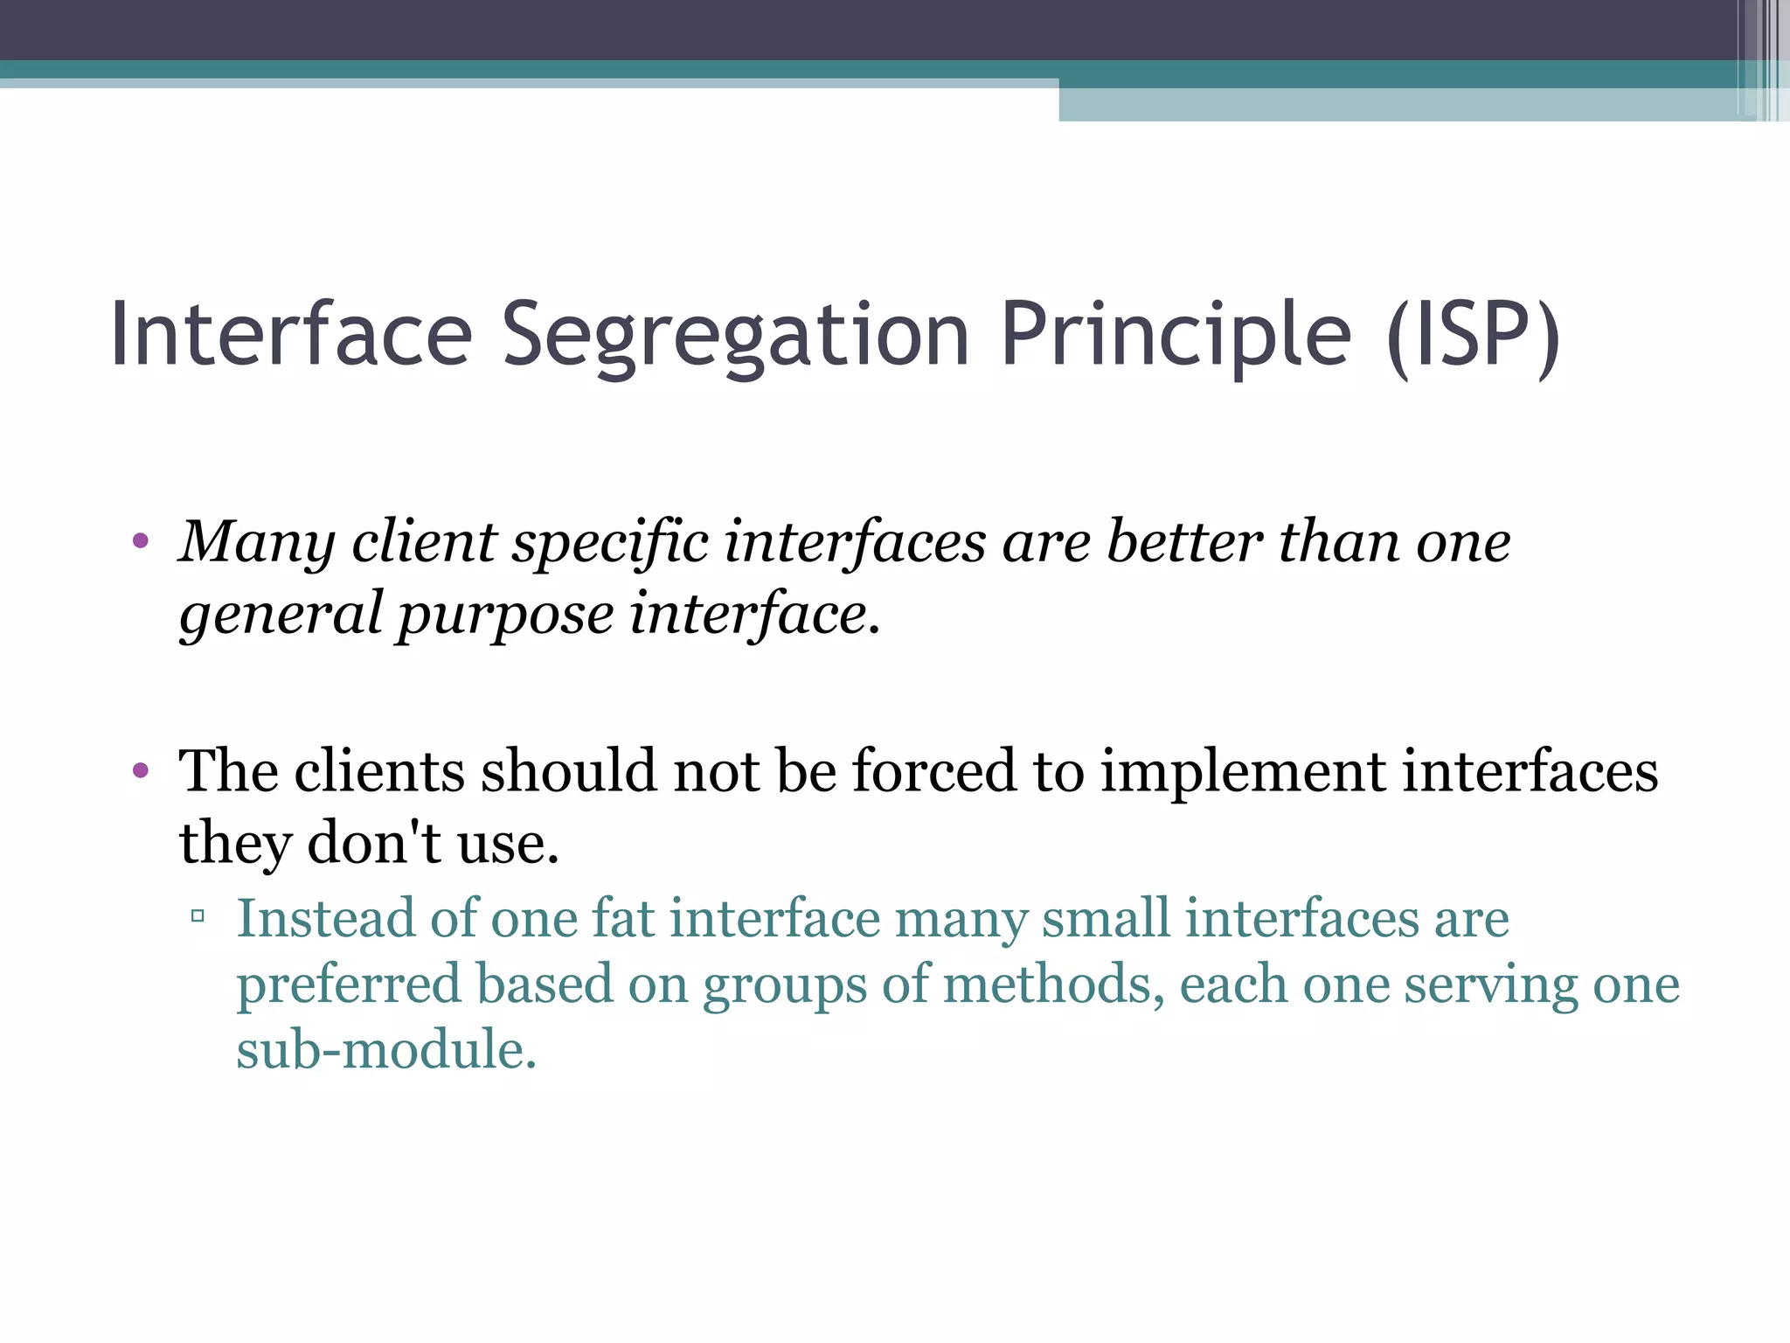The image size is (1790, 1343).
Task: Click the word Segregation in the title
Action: pos(735,337)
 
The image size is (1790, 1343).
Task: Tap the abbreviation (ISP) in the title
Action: pos(1473,337)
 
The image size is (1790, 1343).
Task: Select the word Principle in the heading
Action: pos(1176,337)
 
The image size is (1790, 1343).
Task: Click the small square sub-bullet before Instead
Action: pos(198,917)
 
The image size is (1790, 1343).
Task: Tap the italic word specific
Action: pos(609,543)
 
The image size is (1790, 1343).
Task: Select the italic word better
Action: pos(1183,541)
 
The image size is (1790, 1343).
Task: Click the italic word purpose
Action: pos(506,616)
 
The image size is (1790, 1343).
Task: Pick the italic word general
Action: pos(281,616)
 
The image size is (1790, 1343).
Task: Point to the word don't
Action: pos(374,843)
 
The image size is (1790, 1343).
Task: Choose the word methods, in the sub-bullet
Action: pos(1054,985)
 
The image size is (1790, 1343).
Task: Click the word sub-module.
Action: pos(385,1050)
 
